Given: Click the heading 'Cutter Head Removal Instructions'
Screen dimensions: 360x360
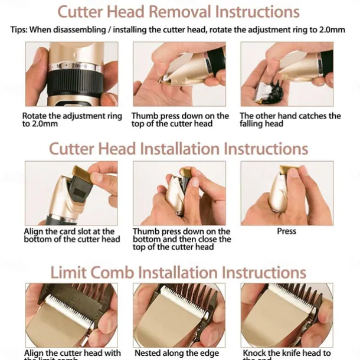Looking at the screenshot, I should pos(179,12).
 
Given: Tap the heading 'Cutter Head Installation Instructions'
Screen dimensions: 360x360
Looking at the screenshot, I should pos(179,148).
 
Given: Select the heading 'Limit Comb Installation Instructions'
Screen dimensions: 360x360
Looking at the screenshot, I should pos(179,272).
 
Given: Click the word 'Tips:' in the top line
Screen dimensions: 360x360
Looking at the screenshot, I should pos(22,30).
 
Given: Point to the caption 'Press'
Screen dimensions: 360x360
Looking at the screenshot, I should pos(286,231).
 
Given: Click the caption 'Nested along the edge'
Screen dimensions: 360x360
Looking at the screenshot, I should pos(178,353).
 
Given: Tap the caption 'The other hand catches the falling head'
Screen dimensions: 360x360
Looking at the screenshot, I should pos(290,120).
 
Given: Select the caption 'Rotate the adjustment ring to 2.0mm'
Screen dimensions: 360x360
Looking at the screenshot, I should pos(71,120).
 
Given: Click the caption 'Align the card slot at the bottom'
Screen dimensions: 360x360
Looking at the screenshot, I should pos(71,235).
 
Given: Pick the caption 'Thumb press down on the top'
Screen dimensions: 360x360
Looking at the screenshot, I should pos(180,120).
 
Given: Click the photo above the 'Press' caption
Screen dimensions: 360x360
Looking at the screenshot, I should pos(287,193).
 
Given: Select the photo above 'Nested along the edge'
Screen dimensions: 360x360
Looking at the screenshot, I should pos(179,315).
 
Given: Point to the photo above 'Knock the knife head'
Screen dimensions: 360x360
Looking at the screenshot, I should pos(287,315).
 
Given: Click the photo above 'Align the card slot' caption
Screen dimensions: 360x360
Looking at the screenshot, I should pos(71,193).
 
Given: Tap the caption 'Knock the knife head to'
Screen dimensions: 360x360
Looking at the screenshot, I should pos(287,353).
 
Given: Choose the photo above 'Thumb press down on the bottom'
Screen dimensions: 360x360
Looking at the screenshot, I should pos(179,193).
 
